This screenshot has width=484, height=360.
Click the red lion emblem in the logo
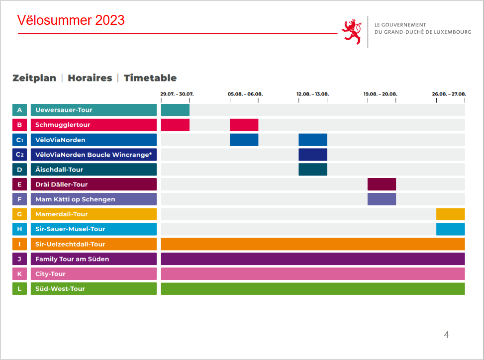pyautogui.click(x=352, y=32)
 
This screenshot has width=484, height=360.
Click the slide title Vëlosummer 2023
pyautogui.click(x=71, y=20)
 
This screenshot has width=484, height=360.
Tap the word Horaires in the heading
pyautogui.click(x=90, y=78)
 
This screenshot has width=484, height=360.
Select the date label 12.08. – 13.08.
pyautogui.click(x=313, y=94)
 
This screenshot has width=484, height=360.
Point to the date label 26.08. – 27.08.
pyautogui.click(x=449, y=94)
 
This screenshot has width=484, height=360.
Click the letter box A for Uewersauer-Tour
pyautogui.click(x=19, y=110)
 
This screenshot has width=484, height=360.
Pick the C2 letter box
pyautogui.click(x=19, y=155)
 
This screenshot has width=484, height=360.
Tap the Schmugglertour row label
pyautogui.click(x=94, y=125)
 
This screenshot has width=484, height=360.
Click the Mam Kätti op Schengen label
pyautogui.click(x=94, y=199)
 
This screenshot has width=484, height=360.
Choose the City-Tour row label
pyautogui.click(x=94, y=273)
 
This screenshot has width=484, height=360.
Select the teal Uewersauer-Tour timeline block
pyautogui.click(x=175, y=110)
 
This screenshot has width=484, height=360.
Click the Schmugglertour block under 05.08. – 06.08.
pyautogui.click(x=244, y=125)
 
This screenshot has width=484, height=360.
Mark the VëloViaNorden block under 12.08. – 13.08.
pyautogui.click(x=313, y=140)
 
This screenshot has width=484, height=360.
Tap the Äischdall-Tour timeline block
pyautogui.click(x=313, y=170)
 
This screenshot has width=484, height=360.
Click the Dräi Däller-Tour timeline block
pyautogui.click(x=382, y=184)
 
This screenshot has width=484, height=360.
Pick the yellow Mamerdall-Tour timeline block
pyautogui.click(x=450, y=214)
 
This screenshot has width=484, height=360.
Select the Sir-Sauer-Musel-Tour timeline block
pyautogui.click(x=450, y=229)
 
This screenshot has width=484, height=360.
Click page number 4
pyautogui.click(x=446, y=335)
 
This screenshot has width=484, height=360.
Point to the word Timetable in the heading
pyautogui.click(x=150, y=78)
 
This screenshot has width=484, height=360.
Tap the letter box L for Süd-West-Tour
pyautogui.click(x=19, y=288)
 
